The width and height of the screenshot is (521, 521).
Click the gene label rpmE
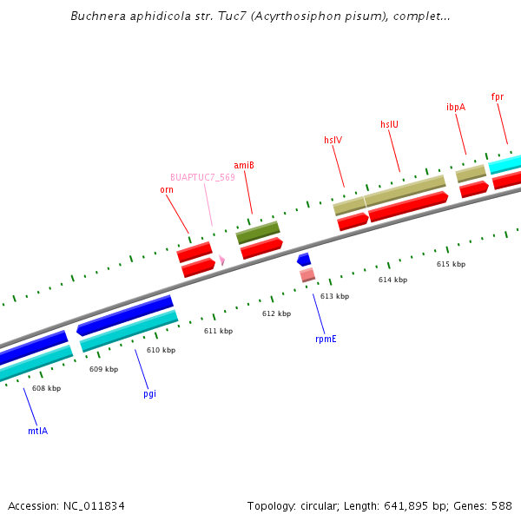tap(326, 339)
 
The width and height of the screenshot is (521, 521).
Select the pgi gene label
tap(149, 393)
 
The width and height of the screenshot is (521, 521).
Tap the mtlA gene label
tap(37, 430)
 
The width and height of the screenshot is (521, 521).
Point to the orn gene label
tap(166, 189)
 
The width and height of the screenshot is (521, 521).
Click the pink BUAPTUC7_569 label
tap(202, 177)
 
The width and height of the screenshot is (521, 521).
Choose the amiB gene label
tap(243, 165)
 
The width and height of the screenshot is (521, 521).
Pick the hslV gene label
tap(333, 140)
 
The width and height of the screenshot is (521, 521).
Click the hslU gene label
tap(389, 124)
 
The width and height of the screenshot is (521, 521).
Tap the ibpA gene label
tap(456, 107)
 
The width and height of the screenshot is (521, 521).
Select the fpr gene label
tap(498, 96)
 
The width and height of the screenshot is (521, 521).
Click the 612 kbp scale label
tap(276, 313)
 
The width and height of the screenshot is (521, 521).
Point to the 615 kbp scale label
tap(451, 264)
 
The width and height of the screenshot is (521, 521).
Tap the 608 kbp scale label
tap(46, 388)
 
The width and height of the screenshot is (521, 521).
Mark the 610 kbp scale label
tap(161, 350)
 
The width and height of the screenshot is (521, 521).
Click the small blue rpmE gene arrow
tap(304, 260)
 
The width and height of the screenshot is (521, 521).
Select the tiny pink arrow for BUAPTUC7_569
tap(222, 260)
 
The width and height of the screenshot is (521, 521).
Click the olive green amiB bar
tap(258, 233)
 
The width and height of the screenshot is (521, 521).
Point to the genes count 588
tap(503, 505)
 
